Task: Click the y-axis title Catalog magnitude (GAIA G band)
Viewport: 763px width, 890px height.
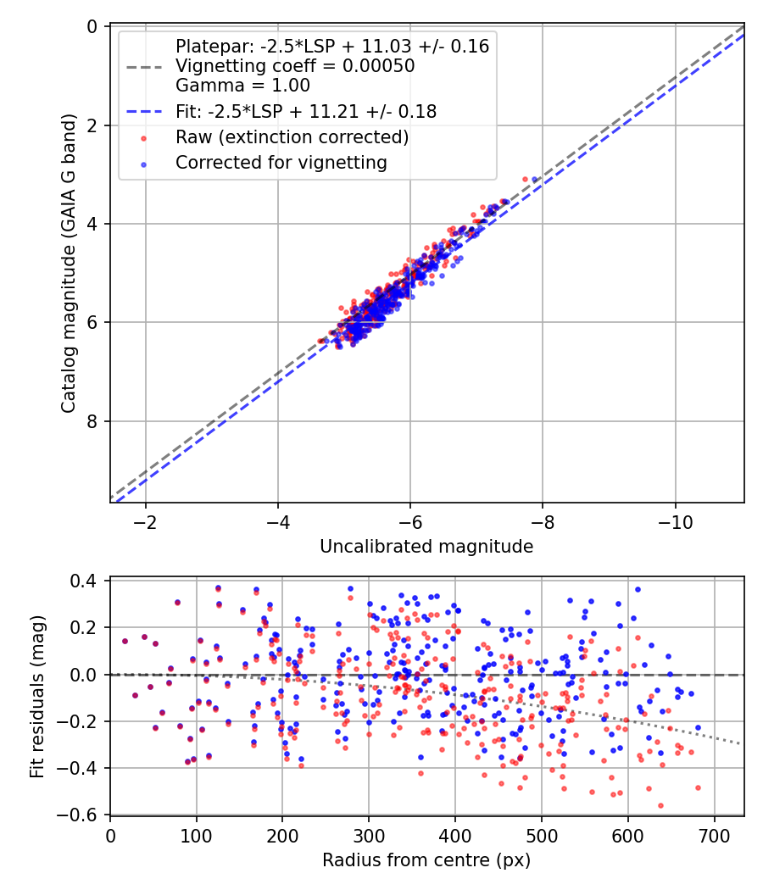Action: [69, 264]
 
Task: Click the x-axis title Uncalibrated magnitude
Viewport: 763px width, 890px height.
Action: [426, 547]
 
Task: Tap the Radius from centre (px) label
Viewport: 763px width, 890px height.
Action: [426, 860]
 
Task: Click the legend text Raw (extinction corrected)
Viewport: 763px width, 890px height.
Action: [292, 137]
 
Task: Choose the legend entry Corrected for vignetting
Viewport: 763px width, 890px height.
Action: [281, 163]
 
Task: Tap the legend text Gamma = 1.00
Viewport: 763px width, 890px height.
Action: [242, 85]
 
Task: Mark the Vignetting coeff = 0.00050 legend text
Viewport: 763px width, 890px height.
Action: [295, 66]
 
